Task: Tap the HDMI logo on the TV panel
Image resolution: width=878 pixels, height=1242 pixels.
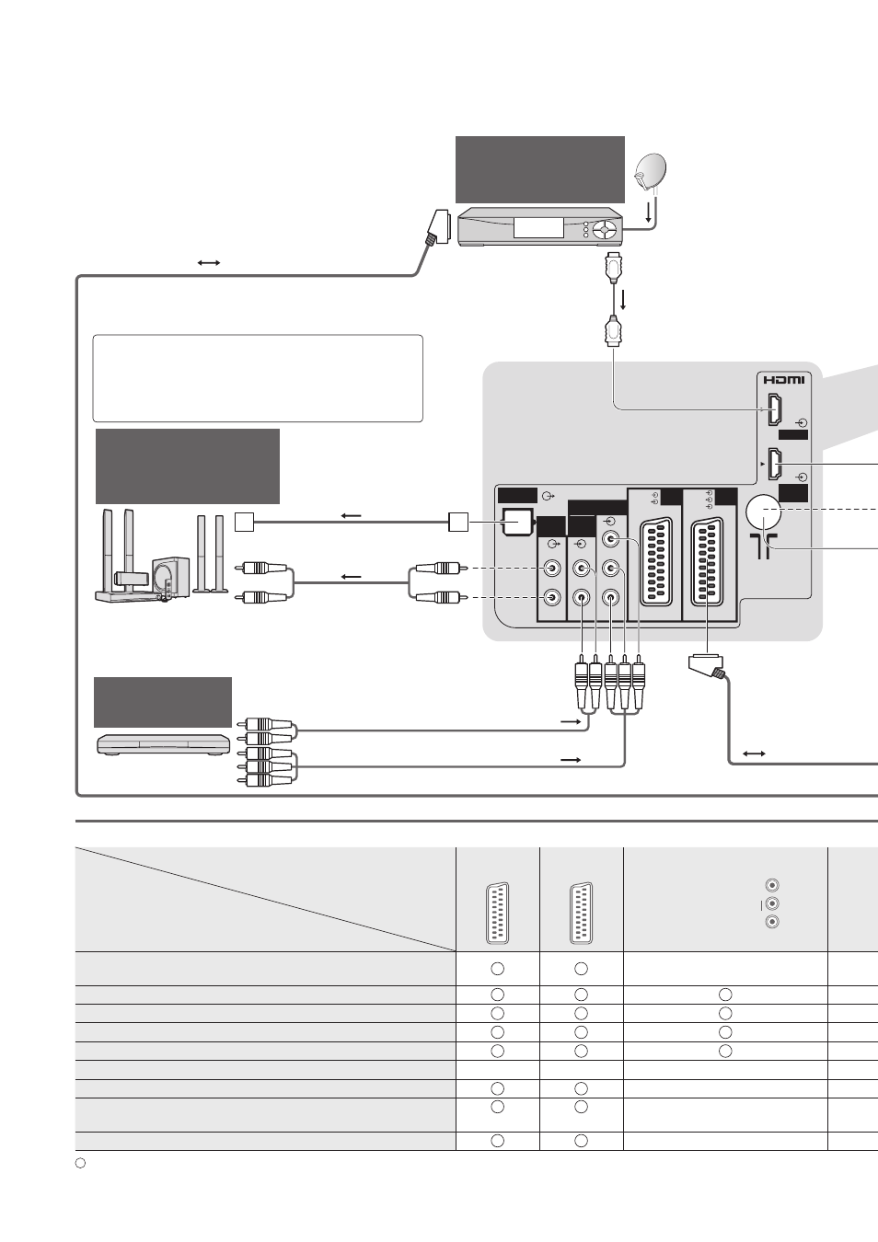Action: tap(784, 380)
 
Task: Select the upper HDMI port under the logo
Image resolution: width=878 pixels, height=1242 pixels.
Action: tap(774, 409)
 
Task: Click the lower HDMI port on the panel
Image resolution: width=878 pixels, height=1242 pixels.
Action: tap(774, 464)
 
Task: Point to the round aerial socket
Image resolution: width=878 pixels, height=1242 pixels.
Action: tap(764, 512)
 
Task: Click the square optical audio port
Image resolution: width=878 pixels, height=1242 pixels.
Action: tap(517, 523)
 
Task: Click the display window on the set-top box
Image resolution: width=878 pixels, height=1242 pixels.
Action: tap(538, 227)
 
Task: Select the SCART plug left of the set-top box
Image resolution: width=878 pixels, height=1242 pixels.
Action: tap(436, 227)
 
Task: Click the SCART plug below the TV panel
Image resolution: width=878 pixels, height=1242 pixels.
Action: tap(707, 666)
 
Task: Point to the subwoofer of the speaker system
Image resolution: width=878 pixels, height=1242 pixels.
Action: tap(170, 577)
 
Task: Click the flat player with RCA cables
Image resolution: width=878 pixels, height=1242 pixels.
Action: tap(164, 744)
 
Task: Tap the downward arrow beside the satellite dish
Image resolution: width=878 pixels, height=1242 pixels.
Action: tap(648, 213)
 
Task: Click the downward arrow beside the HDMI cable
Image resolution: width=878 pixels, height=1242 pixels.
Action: tap(623, 300)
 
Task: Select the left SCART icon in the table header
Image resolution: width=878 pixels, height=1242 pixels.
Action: tap(498, 914)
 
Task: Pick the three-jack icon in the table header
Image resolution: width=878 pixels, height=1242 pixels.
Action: tap(771, 903)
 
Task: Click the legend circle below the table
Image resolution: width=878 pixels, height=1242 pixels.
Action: tap(80, 1163)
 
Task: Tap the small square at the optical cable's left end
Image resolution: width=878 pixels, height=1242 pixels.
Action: tap(244, 523)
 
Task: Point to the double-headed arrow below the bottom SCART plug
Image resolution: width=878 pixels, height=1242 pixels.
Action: tap(755, 753)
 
